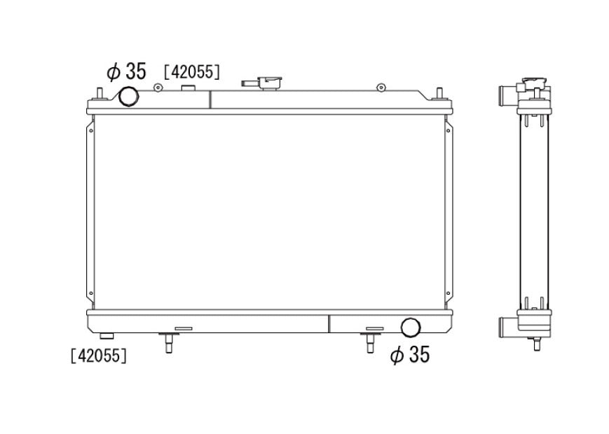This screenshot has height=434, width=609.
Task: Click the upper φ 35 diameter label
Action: tap(126, 71)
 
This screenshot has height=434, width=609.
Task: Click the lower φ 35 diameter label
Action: tap(410, 354)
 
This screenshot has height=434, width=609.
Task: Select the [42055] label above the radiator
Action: tap(192, 72)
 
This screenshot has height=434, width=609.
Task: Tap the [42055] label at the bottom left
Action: tap(99, 356)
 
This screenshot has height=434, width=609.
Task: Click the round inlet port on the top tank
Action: tap(128, 96)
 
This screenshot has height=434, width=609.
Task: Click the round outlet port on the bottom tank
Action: tap(411, 328)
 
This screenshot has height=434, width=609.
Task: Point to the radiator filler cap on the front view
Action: tap(271, 83)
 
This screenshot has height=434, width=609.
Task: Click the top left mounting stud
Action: tap(100, 94)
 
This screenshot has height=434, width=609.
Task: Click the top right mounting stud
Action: tap(439, 94)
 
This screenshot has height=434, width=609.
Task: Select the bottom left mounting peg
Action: tap(169, 342)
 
